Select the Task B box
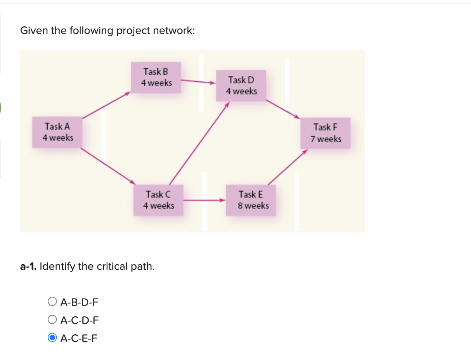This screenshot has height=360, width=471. (x=156, y=77)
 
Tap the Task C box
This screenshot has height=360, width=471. (x=159, y=200)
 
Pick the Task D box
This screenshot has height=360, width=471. (x=241, y=86)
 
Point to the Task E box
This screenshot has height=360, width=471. (x=251, y=200)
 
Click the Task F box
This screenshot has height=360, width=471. (x=326, y=133)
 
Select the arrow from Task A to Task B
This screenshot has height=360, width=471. (x=107, y=105)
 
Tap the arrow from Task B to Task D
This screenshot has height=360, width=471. (x=198, y=82)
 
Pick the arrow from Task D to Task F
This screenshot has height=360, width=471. (x=282, y=109)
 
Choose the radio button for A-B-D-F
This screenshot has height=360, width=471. (x=52, y=302)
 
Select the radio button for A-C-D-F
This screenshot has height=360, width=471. (x=52, y=320)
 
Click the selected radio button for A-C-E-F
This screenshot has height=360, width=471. (x=52, y=338)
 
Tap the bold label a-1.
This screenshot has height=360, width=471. (x=29, y=266)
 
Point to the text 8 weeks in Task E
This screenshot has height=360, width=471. (x=253, y=206)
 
